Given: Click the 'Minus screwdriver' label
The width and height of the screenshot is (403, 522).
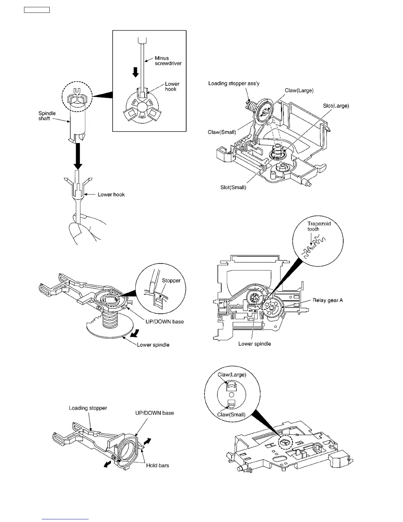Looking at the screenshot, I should point(168,61).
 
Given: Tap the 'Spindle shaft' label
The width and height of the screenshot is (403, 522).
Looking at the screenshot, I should point(47,116).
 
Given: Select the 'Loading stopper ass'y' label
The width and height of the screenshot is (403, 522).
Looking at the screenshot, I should point(234,83).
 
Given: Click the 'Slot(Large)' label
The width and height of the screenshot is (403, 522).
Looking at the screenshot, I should point(336,106).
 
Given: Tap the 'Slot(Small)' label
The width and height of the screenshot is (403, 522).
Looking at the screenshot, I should point(233,188).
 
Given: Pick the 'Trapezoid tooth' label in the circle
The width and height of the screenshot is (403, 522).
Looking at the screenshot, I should point(319,226).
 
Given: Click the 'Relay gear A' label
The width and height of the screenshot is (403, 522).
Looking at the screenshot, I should point(328,300).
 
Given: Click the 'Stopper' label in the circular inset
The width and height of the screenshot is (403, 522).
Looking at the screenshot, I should point(171,280).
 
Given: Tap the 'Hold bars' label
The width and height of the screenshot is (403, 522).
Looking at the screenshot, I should point(157,465).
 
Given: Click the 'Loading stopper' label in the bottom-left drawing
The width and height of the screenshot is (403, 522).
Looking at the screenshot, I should point(88,408).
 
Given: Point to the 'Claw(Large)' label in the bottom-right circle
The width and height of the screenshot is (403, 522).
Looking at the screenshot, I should point(232,375).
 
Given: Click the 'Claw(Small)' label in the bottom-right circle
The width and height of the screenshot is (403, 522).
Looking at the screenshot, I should point(231,415).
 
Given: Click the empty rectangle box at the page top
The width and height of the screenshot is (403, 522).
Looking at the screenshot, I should point(37,10).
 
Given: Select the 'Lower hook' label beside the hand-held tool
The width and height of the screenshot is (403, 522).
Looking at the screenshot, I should point(111,194).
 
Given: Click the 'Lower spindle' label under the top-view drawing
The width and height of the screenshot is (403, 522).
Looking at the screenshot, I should point(255,344).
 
